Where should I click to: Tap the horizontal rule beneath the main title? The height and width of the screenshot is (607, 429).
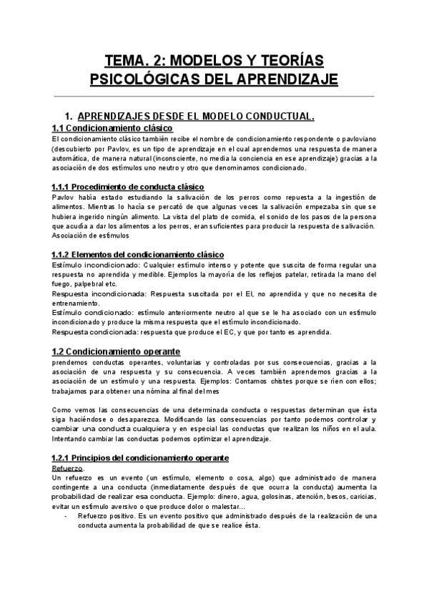(214, 96)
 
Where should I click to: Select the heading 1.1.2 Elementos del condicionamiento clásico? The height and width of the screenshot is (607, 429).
(138, 255)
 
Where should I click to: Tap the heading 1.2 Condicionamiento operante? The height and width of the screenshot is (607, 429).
(116, 351)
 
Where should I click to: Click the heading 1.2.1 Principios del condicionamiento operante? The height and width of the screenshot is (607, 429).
(139, 457)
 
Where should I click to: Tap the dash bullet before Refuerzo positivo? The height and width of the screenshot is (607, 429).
(66, 515)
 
